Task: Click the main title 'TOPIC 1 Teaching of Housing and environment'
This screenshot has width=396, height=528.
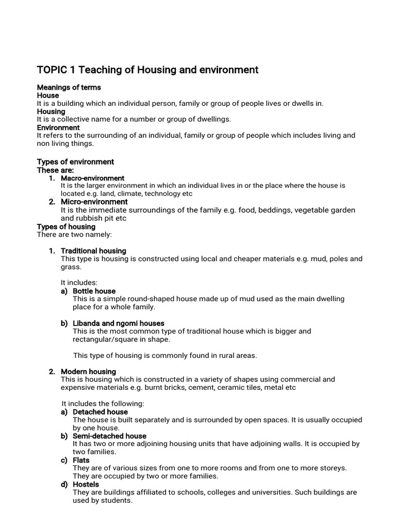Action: tap(147, 70)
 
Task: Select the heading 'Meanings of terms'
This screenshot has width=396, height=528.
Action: tap(69, 87)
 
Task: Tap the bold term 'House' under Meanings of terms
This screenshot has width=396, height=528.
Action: tap(48, 95)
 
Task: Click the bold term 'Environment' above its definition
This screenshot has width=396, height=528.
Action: tap(58, 127)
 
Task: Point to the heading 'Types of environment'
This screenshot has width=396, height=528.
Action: tap(75, 162)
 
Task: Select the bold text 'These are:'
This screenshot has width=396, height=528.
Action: tap(55, 170)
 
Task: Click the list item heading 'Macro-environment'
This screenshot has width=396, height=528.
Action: tap(92, 178)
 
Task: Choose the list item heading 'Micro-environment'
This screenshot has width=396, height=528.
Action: tap(94, 202)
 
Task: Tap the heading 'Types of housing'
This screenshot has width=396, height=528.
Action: tap(66, 226)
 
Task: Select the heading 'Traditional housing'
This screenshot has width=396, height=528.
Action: tap(93, 251)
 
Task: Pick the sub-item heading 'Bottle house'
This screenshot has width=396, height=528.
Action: tap(94, 291)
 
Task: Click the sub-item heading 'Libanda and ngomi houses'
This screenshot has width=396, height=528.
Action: tap(118, 323)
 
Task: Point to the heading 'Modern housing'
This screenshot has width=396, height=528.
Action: tap(88, 371)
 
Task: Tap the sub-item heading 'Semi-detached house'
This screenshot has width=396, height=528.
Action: tap(109, 436)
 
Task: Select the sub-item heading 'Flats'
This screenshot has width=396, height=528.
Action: tap(81, 460)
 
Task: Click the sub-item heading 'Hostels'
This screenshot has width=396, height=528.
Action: tap(86, 484)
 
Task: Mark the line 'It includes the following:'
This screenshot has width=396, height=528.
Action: tap(103, 404)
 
